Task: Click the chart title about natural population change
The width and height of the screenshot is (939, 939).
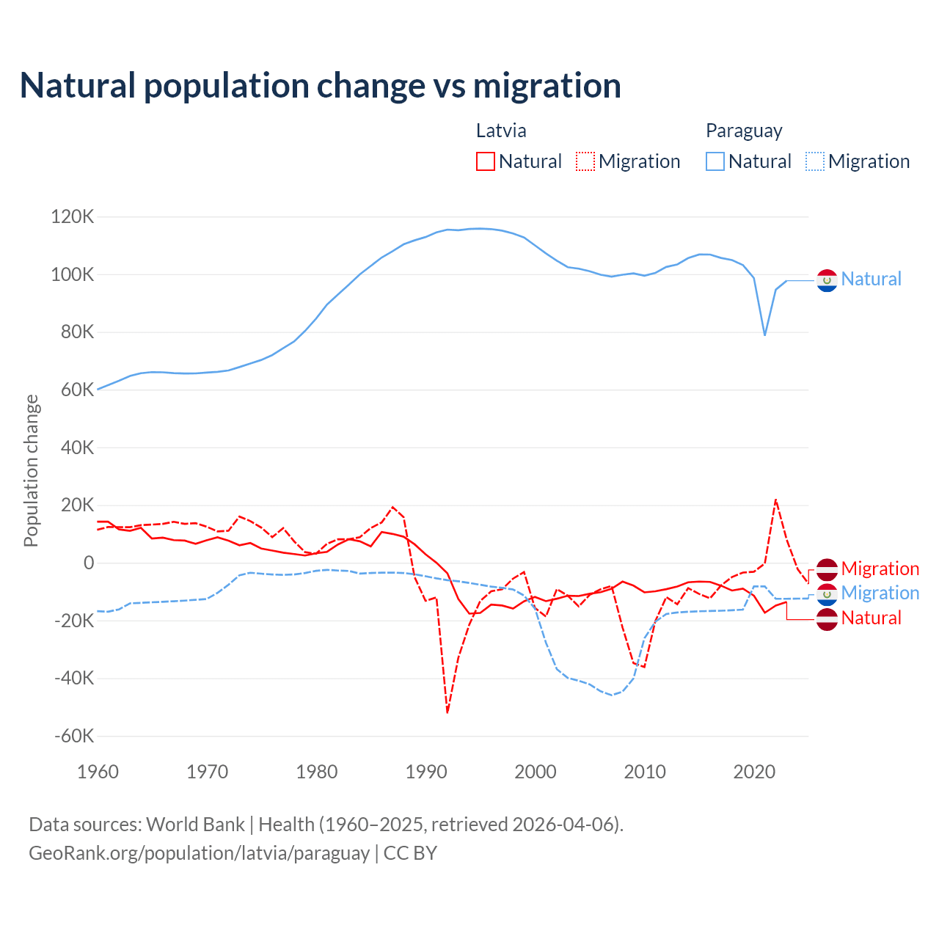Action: pos(321,86)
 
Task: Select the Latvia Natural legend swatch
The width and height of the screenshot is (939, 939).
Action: pos(486,161)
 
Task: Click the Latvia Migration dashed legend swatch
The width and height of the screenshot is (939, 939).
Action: pos(585,161)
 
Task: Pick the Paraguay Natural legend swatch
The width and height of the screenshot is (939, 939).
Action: pos(715,161)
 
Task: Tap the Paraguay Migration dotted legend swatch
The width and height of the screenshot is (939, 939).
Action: pos(815,161)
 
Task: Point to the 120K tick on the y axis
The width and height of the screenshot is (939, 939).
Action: pos(73,217)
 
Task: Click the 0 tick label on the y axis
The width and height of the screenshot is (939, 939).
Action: pos(89,563)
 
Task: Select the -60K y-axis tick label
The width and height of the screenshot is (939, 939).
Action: pos(75,736)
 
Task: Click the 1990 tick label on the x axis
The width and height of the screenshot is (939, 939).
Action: pos(426,772)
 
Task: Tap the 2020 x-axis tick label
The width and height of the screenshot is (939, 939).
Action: pos(754,772)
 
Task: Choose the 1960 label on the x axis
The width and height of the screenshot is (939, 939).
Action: pos(98,772)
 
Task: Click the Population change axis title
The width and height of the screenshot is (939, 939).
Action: pos(31,470)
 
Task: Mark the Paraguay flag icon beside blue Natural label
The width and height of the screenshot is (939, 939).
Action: pos(827,280)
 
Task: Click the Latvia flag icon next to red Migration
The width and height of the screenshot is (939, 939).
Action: pos(827,569)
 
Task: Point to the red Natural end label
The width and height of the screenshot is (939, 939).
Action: pos(871,618)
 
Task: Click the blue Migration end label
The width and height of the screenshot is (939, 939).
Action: pos(880,593)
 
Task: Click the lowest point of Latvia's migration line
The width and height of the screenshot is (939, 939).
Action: pos(447,712)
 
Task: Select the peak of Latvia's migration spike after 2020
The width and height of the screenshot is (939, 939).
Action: pos(775,500)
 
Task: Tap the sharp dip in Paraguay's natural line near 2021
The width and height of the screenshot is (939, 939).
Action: pos(765,335)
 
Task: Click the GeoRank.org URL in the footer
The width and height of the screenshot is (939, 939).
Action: pos(199,853)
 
